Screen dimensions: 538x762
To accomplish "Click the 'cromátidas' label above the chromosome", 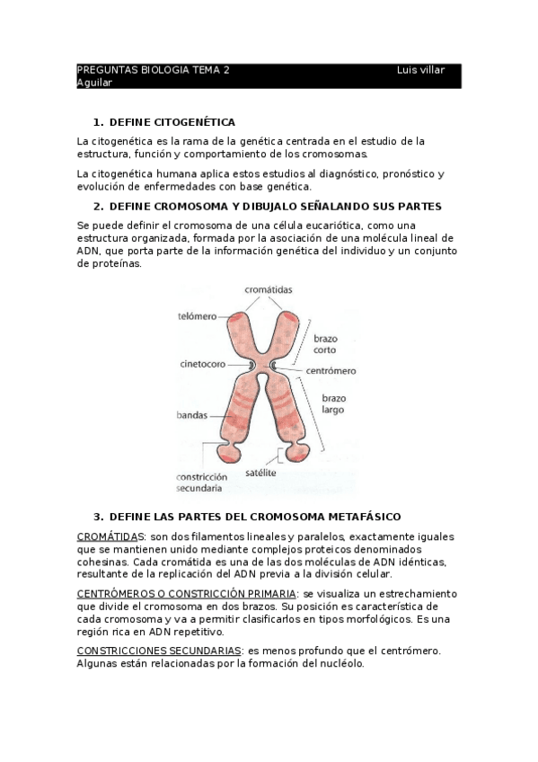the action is pos(268,289).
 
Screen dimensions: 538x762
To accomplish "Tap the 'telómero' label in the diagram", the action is pos(197,317).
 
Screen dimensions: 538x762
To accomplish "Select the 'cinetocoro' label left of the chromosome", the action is pos(200,366).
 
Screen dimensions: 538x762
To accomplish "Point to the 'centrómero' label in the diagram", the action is pos(331,370).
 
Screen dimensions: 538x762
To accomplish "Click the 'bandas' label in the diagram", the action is pos(192,416).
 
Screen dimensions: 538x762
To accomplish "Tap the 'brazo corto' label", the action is pos(325,346).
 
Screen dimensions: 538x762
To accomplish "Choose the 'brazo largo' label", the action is pos(334,403).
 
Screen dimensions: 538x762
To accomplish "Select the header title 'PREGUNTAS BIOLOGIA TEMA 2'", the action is pos(153,69).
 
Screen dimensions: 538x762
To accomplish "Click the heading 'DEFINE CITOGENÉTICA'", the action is pos(172,121).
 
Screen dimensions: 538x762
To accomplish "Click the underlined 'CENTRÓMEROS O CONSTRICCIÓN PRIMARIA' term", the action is pos(186,594).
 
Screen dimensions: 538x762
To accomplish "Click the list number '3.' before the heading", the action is pos(99,517).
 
